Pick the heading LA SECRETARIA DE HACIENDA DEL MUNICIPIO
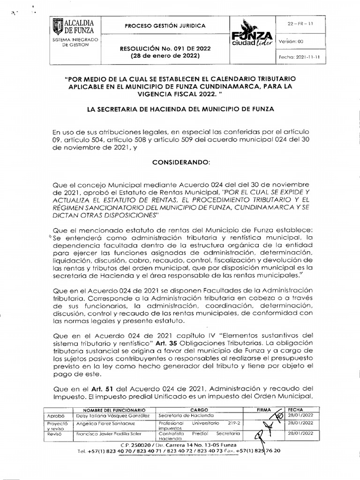click(x=180, y=109)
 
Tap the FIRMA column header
click(x=264, y=409)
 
